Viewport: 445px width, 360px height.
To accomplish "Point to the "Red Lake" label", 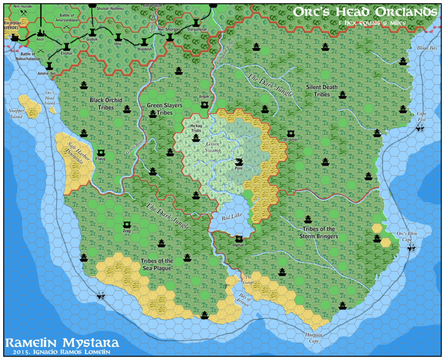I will [230, 217].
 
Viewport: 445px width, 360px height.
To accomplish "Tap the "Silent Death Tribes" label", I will [322, 90].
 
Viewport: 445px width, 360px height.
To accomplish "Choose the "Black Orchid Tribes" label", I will [106, 103].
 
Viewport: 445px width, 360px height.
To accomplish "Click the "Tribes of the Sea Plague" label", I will [157, 264].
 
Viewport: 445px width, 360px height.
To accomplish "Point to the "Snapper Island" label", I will [16, 113].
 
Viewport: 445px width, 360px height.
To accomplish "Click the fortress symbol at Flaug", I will [101, 152].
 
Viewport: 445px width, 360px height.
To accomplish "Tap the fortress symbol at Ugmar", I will [239, 238].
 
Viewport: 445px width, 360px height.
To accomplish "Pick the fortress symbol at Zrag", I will [127, 224].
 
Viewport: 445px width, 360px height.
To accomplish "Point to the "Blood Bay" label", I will [426, 48].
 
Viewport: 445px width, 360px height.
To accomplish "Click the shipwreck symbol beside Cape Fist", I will [420, 128].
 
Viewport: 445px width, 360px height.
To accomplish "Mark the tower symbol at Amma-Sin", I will [49, 65].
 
